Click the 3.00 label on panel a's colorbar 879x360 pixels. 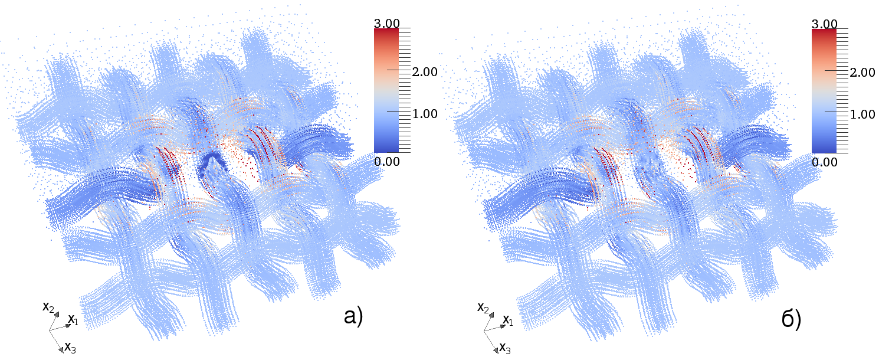click(386, 23)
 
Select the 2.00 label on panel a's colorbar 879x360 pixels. click(425, 72)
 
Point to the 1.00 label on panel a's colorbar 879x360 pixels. click(425, 113)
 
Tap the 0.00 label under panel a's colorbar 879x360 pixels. click(386, 161)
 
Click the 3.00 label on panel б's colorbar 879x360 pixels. click(824, 23)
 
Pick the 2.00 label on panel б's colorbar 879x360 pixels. click(862, 72)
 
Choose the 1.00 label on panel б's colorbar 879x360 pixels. click(862, 113)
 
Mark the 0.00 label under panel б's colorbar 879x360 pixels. click(824, 161)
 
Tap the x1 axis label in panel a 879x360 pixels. click(73, 320)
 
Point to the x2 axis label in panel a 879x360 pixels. click(48, 307)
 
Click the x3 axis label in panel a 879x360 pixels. click(70, 347)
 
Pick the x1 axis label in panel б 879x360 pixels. click(507, 320)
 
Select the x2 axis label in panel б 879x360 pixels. click(483, 307)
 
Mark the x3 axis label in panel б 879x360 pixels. click(505, 347)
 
